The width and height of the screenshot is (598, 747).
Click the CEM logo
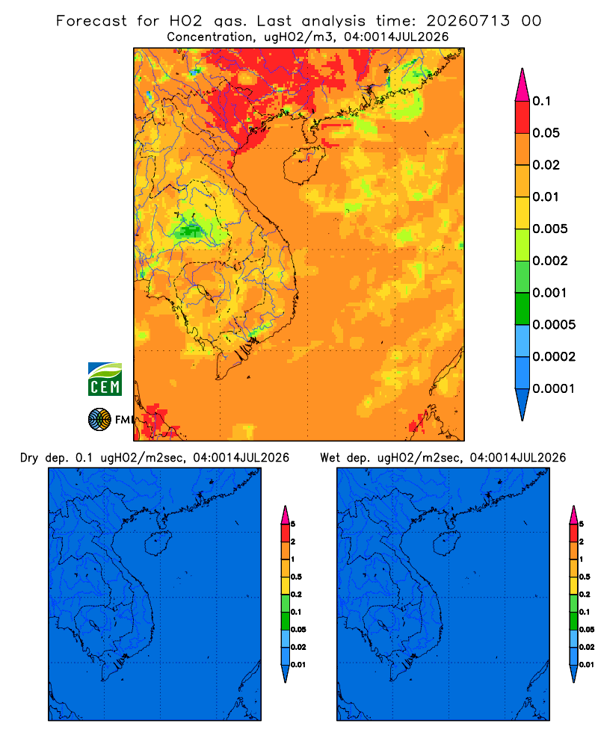coord(105,379)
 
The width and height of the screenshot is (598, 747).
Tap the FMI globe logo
coord(99,419)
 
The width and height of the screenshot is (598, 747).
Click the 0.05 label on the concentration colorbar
coord(546,133)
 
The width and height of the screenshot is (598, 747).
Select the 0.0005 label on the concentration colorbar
coord(554,325)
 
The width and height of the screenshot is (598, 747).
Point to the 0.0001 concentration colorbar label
coord(554,388)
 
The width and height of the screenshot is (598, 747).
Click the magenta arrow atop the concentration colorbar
coord(523,84)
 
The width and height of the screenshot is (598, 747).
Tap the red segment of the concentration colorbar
coord(523,117)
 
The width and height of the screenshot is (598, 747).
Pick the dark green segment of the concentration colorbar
coord(523,309)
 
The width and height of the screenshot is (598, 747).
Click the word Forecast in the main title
coord(91,21)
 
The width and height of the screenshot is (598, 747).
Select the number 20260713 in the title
coord(468,21)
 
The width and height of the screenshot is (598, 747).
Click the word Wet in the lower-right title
coord(330,458)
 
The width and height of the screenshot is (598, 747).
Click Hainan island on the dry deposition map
coord(157,544)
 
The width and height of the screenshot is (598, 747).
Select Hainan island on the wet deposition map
coord(446,544)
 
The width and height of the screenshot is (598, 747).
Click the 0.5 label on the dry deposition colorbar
coord(296,577)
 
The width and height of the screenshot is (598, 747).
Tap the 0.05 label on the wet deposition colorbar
coord(587,629)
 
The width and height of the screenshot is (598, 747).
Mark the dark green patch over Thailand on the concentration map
coord(191,232)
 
